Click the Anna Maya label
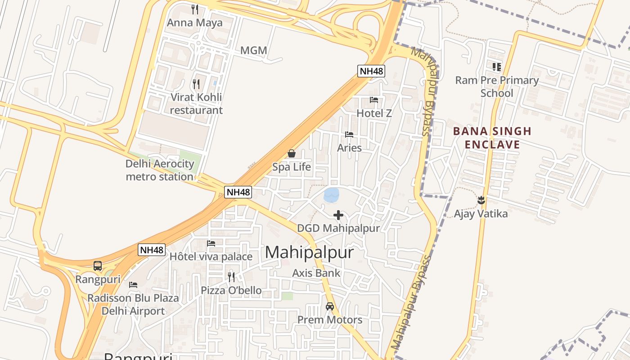(x=194, y=22)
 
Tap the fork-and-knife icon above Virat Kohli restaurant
(x=196, y=84)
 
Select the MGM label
(x=254, y=50)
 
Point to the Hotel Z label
(x=374, y=113)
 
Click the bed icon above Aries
(x=349, y=135)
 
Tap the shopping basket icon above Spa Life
(x=292, y=154)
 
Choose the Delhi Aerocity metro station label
(x=160, y=170)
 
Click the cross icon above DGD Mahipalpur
(x=338, y=215)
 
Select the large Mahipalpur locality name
(x=309, y=252)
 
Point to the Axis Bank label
(x=316, y=273)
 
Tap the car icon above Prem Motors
(x=330, y=306)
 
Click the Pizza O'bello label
(x=231, y=290)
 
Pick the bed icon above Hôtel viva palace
(x=211, y=243)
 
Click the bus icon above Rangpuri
(x=98, y=266)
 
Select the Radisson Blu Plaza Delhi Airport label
(x=133, y=304)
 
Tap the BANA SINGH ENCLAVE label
(x=492, y=138)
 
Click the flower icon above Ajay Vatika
(x=481, y=200)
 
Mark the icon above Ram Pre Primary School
(x=497, y=67)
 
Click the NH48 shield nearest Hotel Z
(x=371, y=71)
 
